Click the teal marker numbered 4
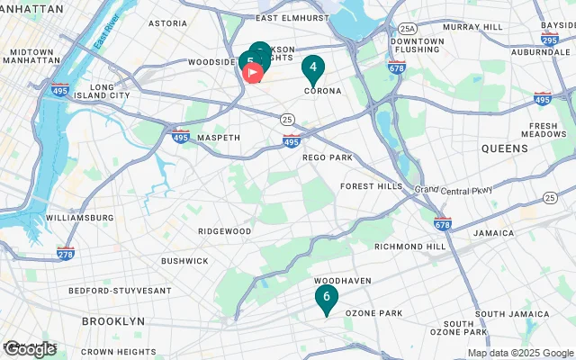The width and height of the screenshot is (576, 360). (x=312, y=67)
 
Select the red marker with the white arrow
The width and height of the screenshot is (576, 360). (x=253, y=71)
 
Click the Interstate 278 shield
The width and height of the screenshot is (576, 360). (x=65, y=253)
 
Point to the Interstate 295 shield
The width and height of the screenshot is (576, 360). (x=550, y=40)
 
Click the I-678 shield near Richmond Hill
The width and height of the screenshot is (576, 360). (x=442, y=224)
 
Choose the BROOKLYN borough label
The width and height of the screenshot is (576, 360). (x=112, y=321)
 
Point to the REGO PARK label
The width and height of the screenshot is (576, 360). (x=324, y=157)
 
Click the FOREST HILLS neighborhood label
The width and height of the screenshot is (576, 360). (x=371, y=186)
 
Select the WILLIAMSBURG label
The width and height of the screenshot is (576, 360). (x=79, y=218)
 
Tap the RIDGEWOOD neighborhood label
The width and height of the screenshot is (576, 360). (x=224, y=231)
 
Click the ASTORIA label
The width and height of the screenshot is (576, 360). (x=167, y=23)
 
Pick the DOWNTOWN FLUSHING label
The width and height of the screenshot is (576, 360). (x=418, y=47)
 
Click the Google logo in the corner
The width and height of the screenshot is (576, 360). (x=29, y=349)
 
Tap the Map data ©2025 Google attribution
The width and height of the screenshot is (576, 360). (x=519, y=353)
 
